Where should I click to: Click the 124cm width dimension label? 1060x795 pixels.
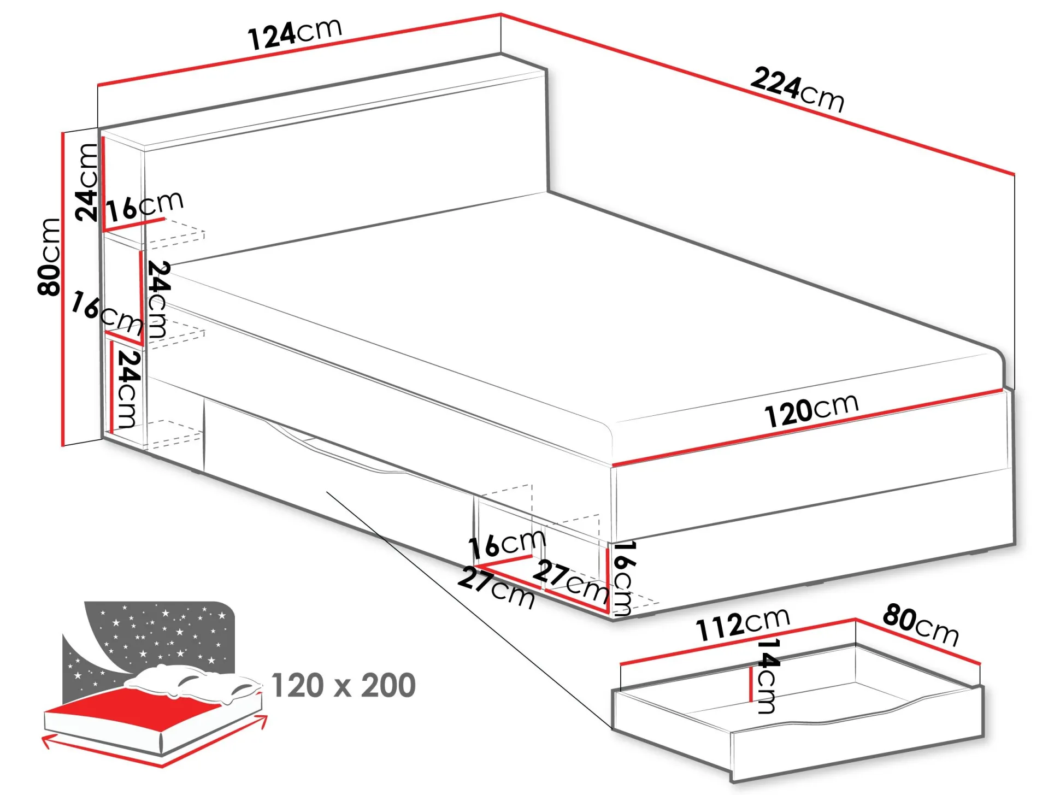[295, 34]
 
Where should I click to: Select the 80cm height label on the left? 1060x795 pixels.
[49, 257]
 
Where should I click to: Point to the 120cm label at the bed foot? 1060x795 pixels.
[811, 410]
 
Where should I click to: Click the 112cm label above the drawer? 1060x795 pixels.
[743, 624]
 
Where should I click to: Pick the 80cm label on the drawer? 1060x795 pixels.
[921, 625]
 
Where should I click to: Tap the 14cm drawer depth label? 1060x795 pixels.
[767, 676]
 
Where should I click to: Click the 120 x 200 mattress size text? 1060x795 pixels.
[344, 686]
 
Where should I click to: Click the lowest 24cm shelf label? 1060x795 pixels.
[128, 388]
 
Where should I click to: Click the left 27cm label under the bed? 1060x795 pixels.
[496, 587]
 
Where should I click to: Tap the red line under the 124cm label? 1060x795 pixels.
[299, 50]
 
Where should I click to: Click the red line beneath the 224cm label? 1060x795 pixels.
[758, 94]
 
